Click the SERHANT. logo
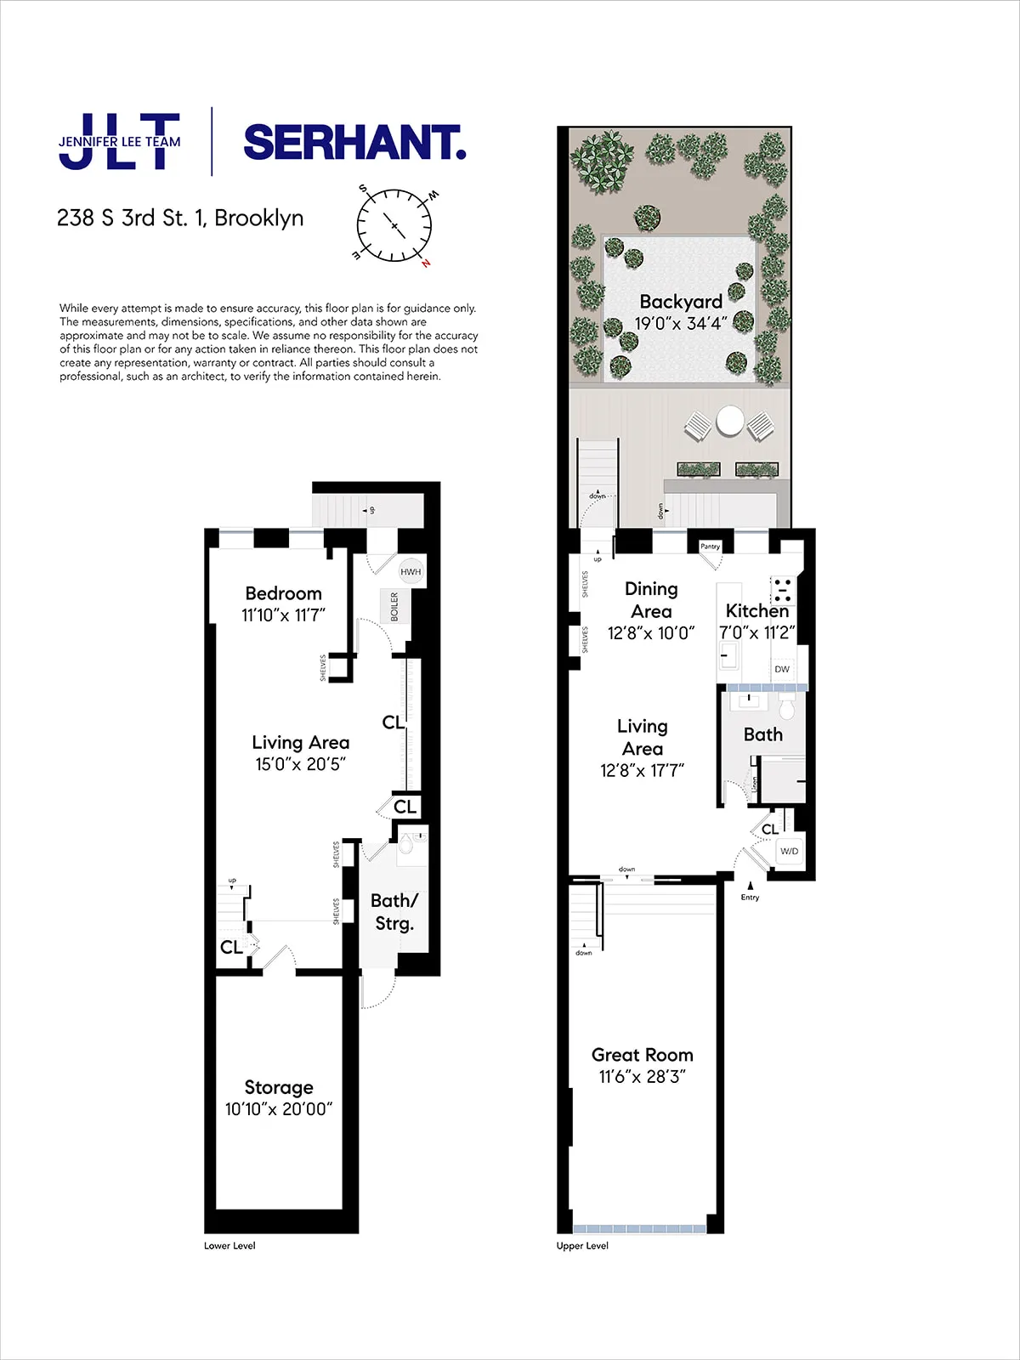pos(354,143)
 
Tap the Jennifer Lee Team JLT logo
pos(120,142)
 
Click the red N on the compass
pos(426,263)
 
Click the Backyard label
pos(681,302)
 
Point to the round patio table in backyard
pos(730,421)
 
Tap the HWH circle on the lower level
pos(411,571)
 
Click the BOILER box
pos(393,607)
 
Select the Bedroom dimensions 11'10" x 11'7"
pos(283,615)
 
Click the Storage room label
pos(279,1087)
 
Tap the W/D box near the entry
pos(789,851)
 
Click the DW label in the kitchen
pos(782,669)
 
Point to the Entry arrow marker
pos(750,886)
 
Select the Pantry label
pos(710,547)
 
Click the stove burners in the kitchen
pos(782,589)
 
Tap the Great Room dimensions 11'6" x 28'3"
pos(642,1077)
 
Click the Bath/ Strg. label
pos(394,912)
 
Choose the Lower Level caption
pos(229,1246)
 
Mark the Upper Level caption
pos(582,1246)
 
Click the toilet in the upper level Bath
pos(786,707)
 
